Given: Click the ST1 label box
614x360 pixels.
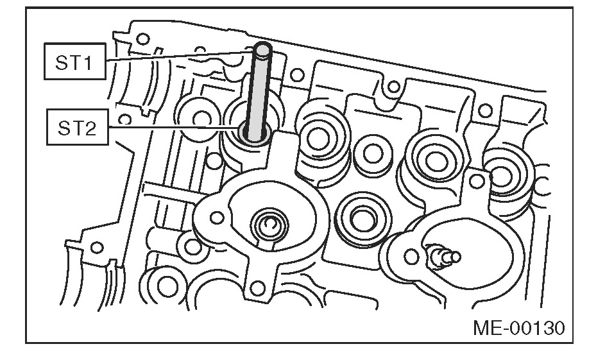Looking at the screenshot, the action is [75, 60].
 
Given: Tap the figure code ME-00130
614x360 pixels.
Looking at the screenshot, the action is [519, 329].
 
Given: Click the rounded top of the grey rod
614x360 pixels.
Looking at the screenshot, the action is [263, 49].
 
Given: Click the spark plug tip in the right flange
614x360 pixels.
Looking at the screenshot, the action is [448, 257].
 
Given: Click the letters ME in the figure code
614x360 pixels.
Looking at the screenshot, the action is [487, 329].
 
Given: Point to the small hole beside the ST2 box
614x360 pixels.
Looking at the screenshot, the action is [126, 119].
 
